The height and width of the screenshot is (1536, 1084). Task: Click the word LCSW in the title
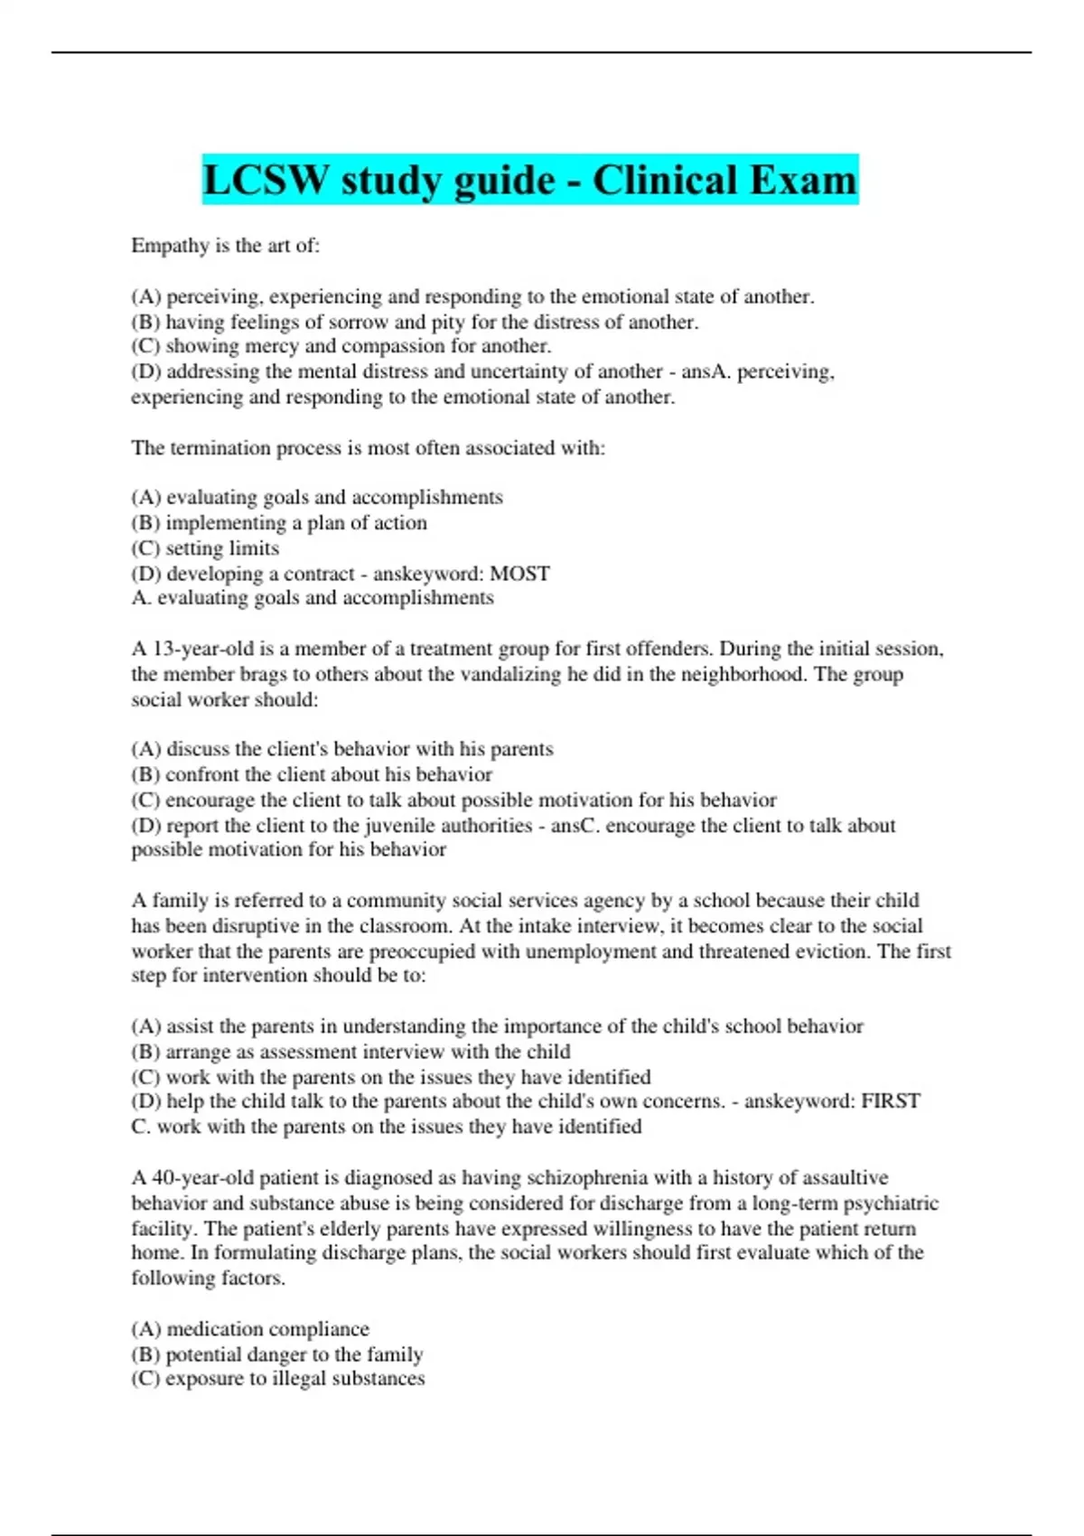point(266,180)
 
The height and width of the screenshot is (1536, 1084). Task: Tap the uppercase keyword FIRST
point(891,1101)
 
